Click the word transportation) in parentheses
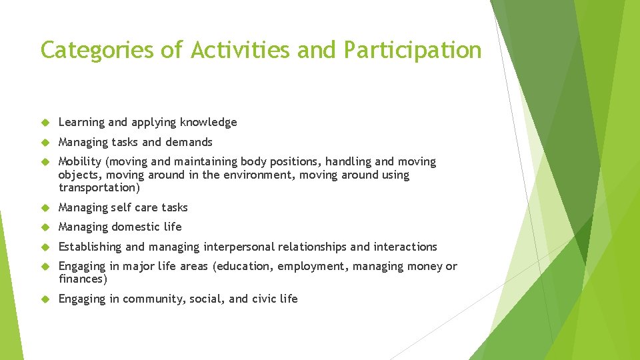[99, 188]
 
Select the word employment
[312, 267]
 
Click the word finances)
[83, 279]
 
